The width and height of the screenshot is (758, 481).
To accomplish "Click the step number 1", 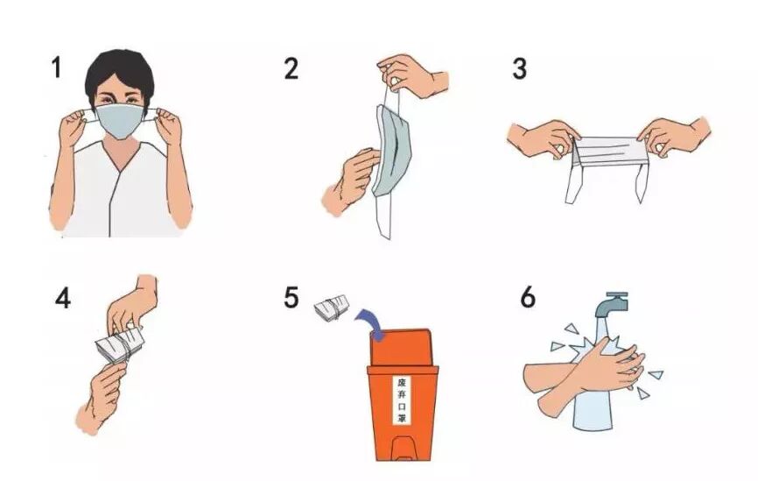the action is [x=57, y=67].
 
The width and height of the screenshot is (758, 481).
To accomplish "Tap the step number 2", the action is [x=291, y=68].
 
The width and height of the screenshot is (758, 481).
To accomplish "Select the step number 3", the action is [x=519, y=68].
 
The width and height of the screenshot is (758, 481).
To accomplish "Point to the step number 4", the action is [x=63, y=298].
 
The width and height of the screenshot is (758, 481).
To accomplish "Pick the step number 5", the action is [x=291, y=298].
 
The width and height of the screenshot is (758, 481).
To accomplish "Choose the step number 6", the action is [x=528, y=297].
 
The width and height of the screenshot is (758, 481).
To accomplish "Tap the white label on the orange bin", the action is [x=401, y=400].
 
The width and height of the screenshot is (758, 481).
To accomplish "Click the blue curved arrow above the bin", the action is [x=370, y=324].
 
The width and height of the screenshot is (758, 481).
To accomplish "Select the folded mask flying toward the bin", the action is [x=332, y=308].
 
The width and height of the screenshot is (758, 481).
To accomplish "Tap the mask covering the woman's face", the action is [x=119, y=120].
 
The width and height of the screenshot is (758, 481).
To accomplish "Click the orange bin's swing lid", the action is [x=401, y=348].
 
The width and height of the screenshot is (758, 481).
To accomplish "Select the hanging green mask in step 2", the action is [x=391, y=151].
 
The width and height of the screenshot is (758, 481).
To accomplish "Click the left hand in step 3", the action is [x=544, y=138].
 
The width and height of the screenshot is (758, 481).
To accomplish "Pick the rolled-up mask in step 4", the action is [x=119, y=345].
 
